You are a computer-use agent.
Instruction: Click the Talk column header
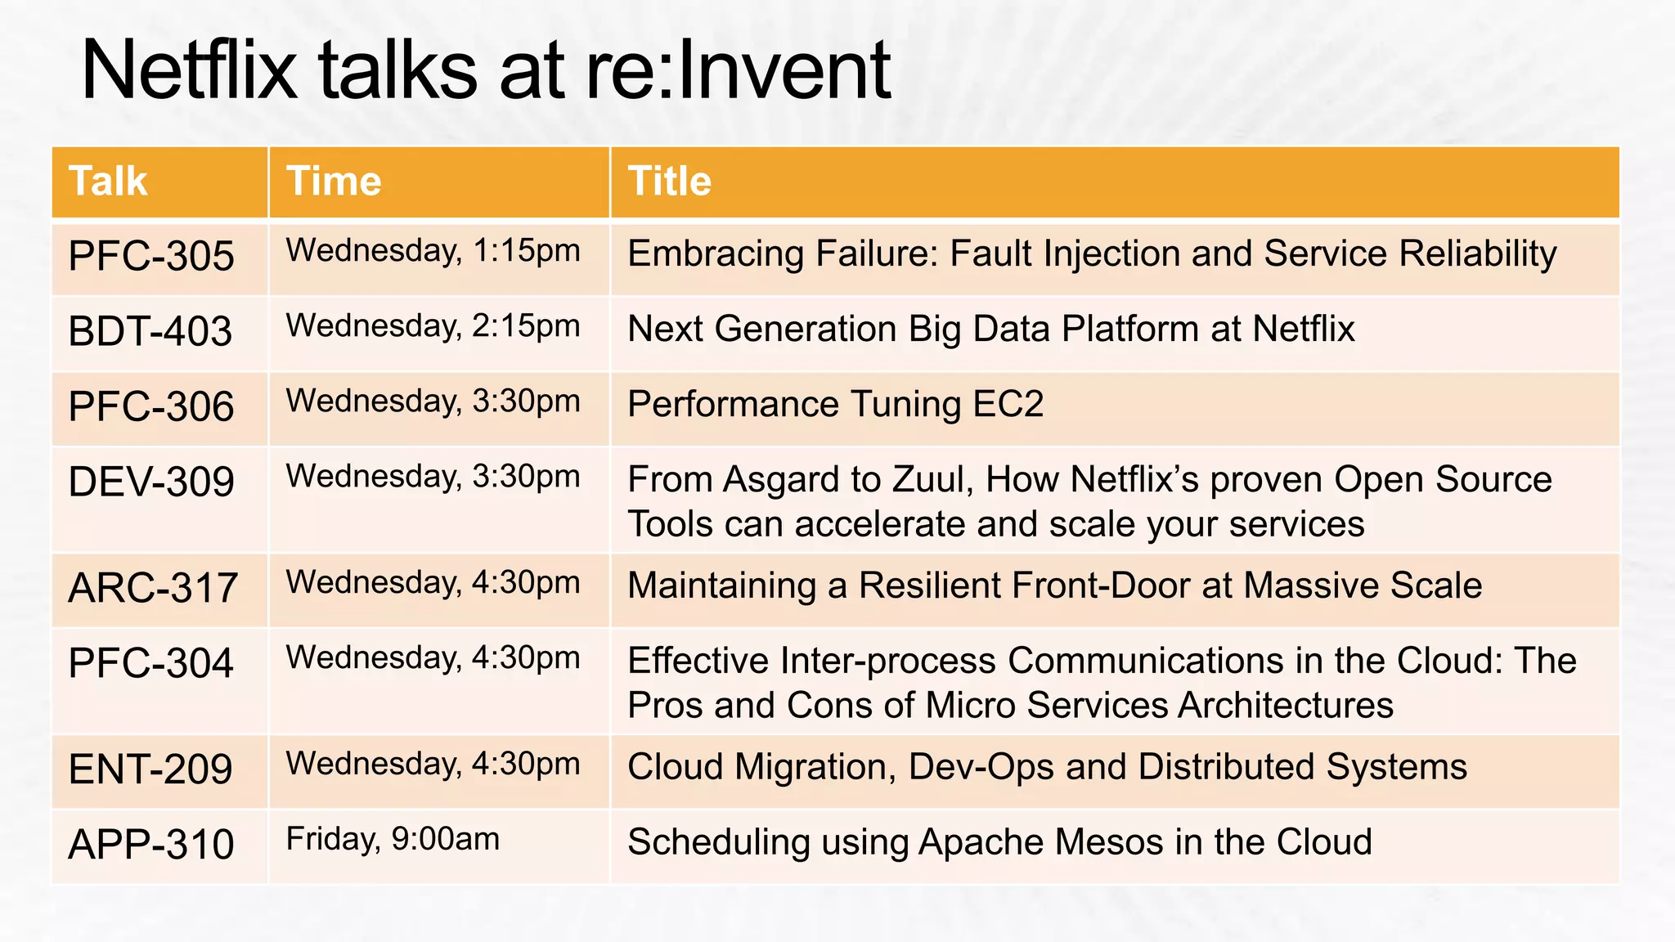pos(108,182)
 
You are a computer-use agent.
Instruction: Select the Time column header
pos(334,182)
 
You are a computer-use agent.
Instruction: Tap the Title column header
pos(669,182)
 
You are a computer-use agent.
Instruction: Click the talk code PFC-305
pos(151,257)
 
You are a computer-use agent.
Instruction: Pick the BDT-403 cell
pos(150,332)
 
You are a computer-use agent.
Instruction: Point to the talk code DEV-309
pos(151,482)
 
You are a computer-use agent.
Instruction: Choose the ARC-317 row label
pos(153,589)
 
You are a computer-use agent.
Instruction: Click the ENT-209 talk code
pos(150,769)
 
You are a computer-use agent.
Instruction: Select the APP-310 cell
pos(151,845)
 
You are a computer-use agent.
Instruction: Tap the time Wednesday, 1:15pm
pos(433,251)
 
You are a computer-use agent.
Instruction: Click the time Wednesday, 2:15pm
pos(433,326)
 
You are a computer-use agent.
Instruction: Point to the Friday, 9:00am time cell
pos(393,840)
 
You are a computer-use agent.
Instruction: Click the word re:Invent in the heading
pos(738,71)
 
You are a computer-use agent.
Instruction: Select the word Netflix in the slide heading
pos(189,71)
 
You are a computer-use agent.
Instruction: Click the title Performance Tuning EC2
pos(835,405)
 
